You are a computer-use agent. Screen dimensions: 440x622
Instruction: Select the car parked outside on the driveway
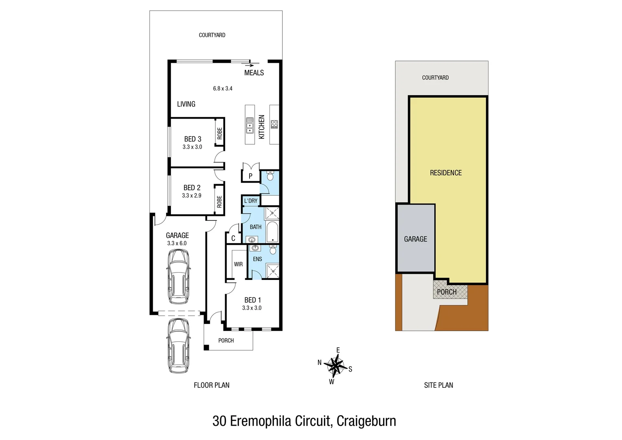click(x=178, y=345)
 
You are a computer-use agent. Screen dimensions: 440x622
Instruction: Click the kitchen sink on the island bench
click(x=250, y=125)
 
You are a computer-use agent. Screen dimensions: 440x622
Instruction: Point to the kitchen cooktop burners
click(x=274, y=124)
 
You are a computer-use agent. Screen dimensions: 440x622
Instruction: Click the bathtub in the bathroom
click(x=272, y=232)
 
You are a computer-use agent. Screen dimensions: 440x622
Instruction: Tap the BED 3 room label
click(x=193, y=139)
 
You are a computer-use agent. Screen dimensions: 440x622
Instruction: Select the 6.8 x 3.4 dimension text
click(x=223, y=88)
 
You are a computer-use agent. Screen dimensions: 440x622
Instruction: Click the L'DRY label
click(x=251, y=201)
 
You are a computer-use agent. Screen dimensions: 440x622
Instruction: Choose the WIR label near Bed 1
click(x=238, y=264)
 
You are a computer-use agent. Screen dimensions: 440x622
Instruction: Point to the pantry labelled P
click(x=250, y=176)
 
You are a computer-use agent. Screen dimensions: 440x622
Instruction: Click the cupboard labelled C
click(x=233, y=238)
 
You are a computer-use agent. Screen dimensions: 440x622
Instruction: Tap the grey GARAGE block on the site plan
click(x=416, y=239)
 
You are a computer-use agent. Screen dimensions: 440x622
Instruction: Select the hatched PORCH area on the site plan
click(x=447, y=292)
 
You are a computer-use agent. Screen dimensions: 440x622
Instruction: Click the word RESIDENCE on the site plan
click(x=446, y=173)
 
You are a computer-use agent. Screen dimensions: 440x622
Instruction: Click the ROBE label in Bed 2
click(x=219, y=201)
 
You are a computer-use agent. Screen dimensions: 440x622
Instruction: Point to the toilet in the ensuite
click(x=273, y=249)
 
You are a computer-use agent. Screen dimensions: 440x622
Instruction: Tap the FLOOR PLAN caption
click(x=211, y=385)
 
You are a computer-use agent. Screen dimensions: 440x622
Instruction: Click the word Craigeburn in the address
click(x=366, y=421)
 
